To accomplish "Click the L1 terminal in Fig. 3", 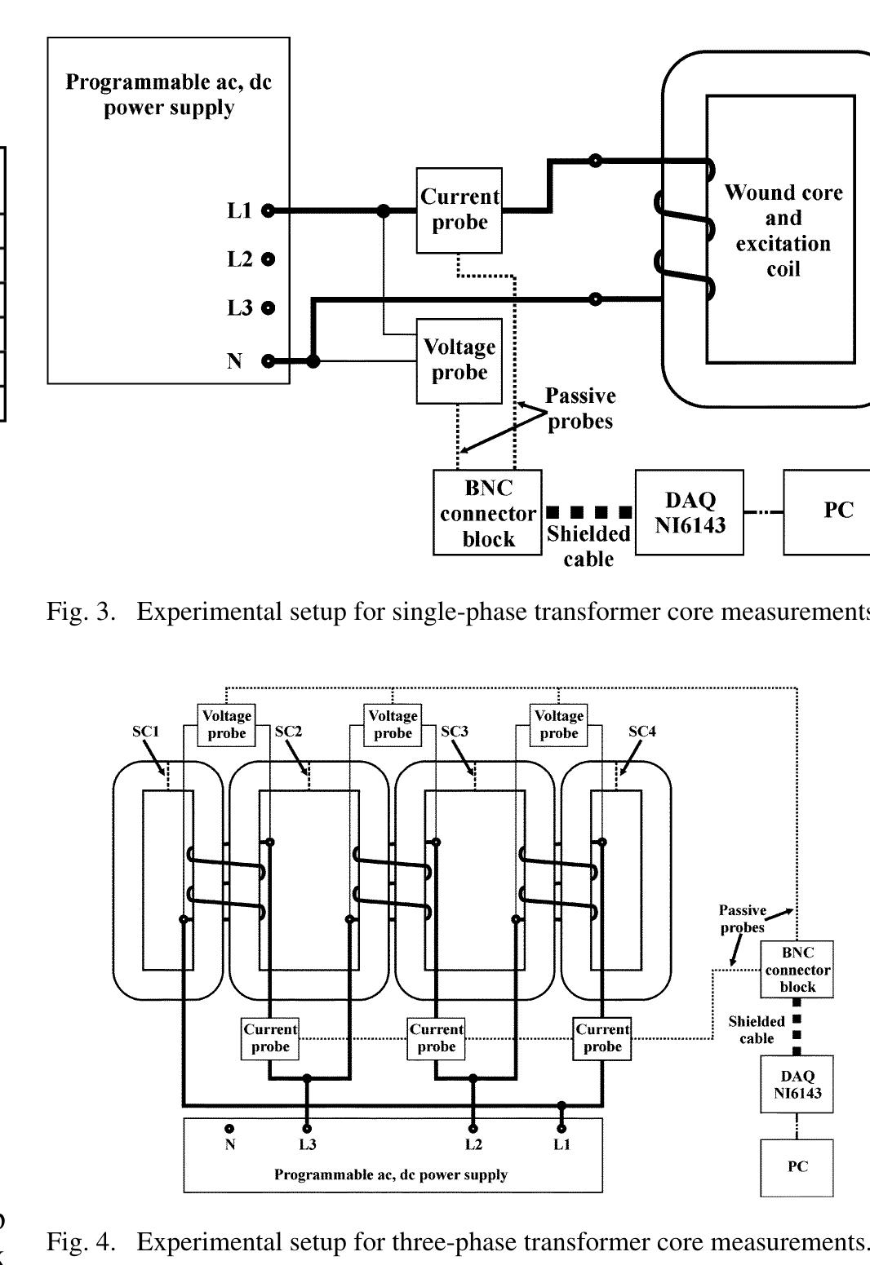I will coord(268,210).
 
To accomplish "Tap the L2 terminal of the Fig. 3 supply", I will coord(268,259).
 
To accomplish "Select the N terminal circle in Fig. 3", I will coord(268,360).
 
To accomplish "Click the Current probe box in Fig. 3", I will coord(459,210).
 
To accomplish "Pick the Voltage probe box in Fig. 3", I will coord(459,360).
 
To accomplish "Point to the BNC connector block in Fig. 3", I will coord(487,513).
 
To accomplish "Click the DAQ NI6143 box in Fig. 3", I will coord(689,513).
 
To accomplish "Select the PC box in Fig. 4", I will coord(797,1167).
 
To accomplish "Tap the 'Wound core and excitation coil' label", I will coord(783,231).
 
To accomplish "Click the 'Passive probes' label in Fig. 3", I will coord(580,409).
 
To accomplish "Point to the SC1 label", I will coord(146,732).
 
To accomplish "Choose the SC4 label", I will coord(641,732).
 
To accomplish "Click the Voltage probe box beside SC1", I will coord(226,724).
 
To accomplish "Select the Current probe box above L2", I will coord(436,1038).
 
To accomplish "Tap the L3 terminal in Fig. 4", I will coord(307,1129).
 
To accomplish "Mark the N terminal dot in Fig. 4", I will coord(230,1129).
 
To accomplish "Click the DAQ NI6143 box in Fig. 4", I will coord(797,1085).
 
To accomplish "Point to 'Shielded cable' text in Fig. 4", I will coord(757,1029).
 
